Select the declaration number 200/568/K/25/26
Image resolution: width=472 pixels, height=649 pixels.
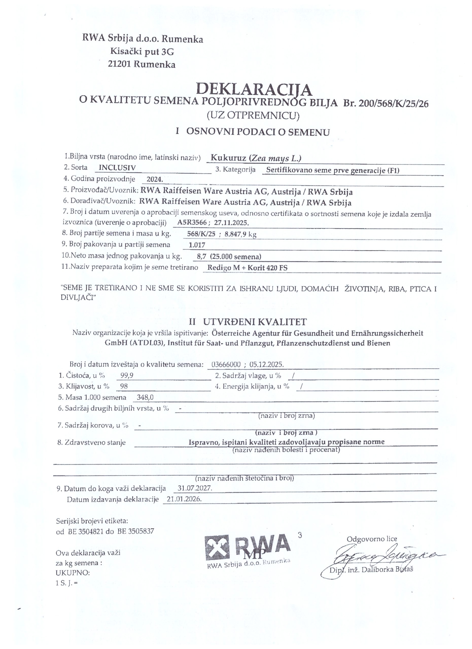pos(394,104)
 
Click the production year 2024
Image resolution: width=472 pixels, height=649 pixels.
pos(154,180)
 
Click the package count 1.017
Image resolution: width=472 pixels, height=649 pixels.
pos(197,245)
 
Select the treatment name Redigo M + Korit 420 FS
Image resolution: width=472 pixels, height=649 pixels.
pos(247,268)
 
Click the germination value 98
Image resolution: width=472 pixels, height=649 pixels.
pos(124,386)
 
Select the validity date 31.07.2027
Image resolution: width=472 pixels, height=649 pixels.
pos(195,488)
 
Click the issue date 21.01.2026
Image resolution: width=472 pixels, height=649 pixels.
pos(184,499)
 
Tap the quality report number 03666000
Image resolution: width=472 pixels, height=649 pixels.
pos(225,365)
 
